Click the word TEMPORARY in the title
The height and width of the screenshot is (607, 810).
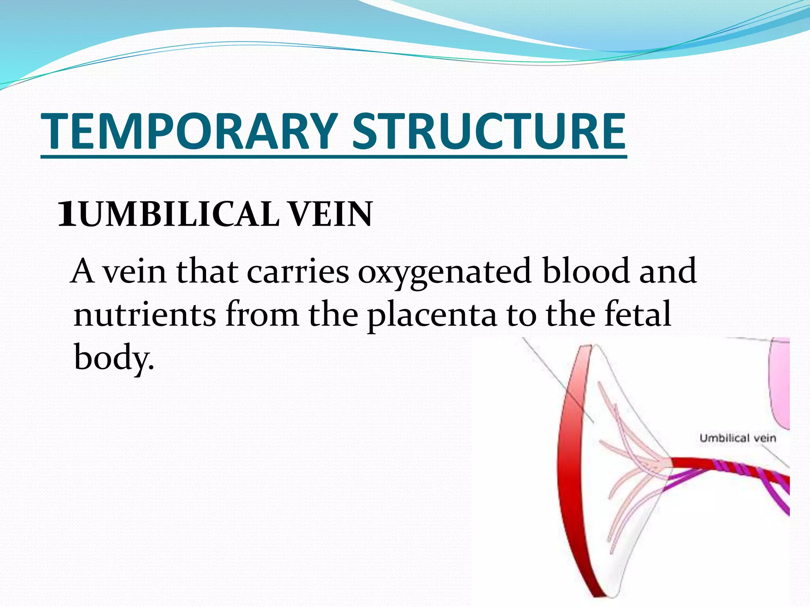coord(190,131)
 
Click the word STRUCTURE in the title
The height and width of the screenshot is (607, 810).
coord(489,131)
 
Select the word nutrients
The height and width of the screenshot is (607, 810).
coord(145,315)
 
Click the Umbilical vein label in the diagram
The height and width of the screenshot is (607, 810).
coord(738,438)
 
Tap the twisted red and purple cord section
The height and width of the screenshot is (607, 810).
coord(744,473)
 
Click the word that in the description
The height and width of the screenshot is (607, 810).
coord(207,271)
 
